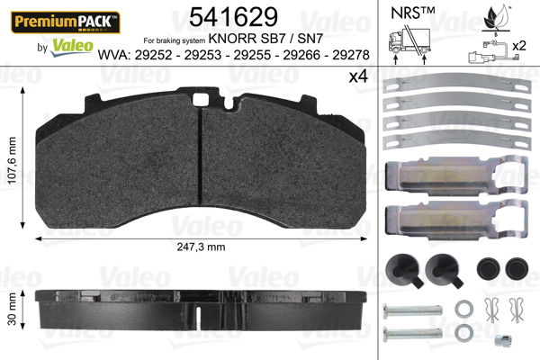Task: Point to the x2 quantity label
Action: (x=519, y=45)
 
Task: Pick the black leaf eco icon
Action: (x=491, y=15)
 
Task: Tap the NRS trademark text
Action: (x=411, y=13)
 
